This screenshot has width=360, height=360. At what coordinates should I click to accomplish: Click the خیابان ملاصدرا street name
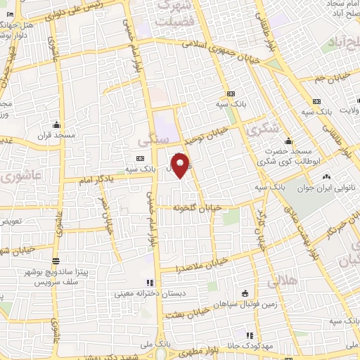pos(203,265)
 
